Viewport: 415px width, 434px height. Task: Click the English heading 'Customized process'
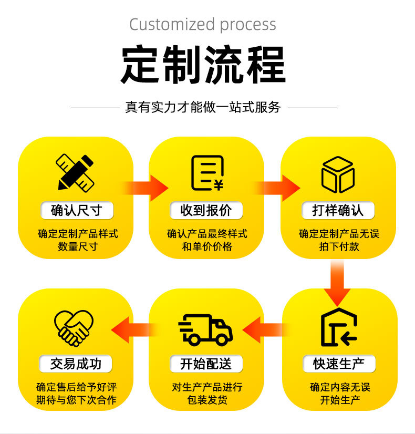(x=203, y=25)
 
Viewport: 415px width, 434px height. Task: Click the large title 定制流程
(x=203, y=65)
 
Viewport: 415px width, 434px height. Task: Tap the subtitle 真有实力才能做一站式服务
(x=203, y=107)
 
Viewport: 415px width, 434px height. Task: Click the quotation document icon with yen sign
(x=207, y=173)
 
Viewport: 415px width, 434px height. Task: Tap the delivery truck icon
(x=206, y=329)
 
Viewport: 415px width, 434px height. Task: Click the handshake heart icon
(x=75, y=327)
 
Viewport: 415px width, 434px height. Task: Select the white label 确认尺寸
(x=77, y=211)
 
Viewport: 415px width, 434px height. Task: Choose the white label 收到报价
(x=206, y=211)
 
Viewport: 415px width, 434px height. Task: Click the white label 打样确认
(x=338, y=211)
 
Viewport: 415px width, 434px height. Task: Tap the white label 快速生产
(x=339, y=364)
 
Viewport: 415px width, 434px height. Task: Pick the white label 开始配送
(x=206, y=364)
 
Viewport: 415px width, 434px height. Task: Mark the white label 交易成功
(x=77, y=364)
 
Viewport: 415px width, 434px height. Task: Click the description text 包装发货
(x=206, y=400)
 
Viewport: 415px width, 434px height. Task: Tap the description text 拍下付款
(x=339, y=246)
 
